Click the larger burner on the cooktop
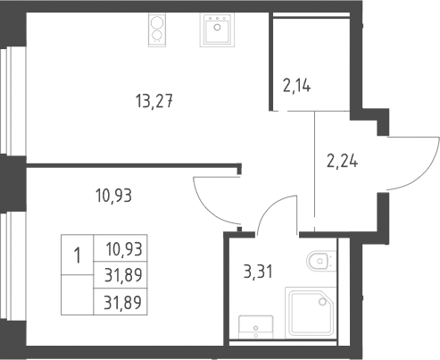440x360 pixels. pos(157,23)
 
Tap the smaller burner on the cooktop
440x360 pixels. pos(157,36)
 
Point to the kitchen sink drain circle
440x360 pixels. pos(217,28)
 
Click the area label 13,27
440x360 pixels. pos(154,101)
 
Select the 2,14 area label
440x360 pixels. pos(296,86)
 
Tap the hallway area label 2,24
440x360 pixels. pos(343,161)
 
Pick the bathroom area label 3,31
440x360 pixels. pos(258,272)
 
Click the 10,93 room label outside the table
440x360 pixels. pos(113,196)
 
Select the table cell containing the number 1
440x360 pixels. pos(78,255)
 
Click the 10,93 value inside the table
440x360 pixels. pos(124,249)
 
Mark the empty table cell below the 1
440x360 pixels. pos(78,295)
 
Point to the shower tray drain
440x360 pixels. pos(322,302)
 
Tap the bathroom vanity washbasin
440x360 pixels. pos(256,327)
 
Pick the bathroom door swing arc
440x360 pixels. pos(271,205)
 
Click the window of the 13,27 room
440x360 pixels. pos(6,101)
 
